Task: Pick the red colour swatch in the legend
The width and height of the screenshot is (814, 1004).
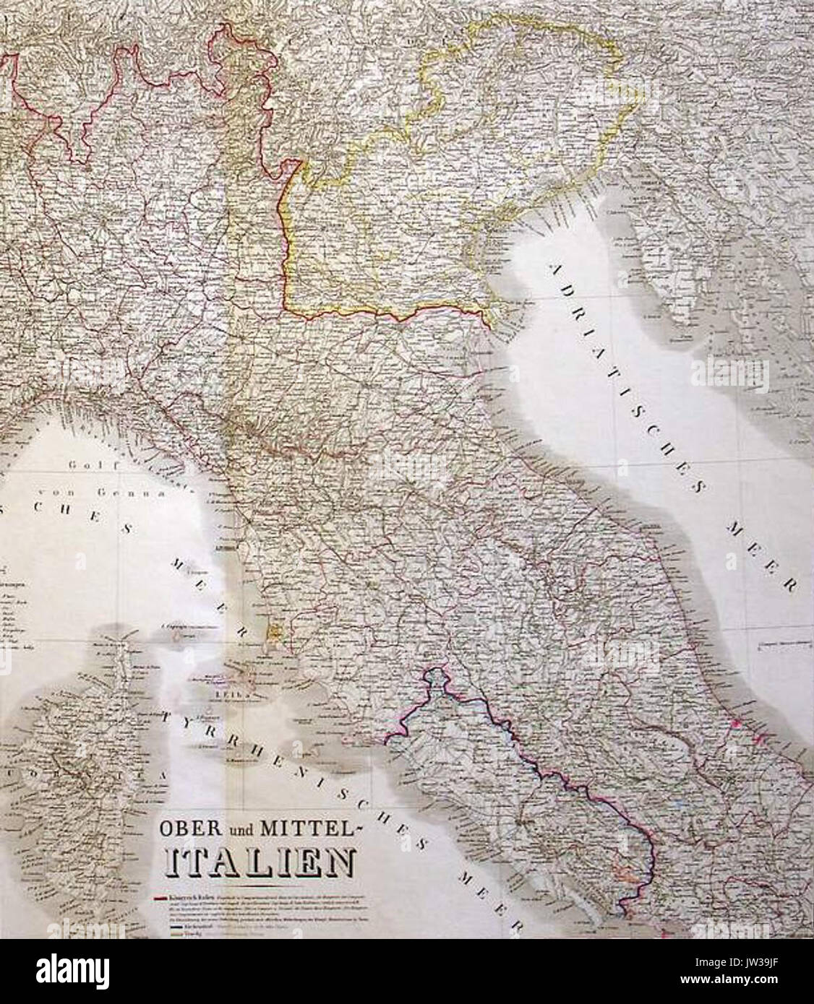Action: click(160, 898)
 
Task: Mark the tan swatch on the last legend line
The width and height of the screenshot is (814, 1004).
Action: click(160, 932)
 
